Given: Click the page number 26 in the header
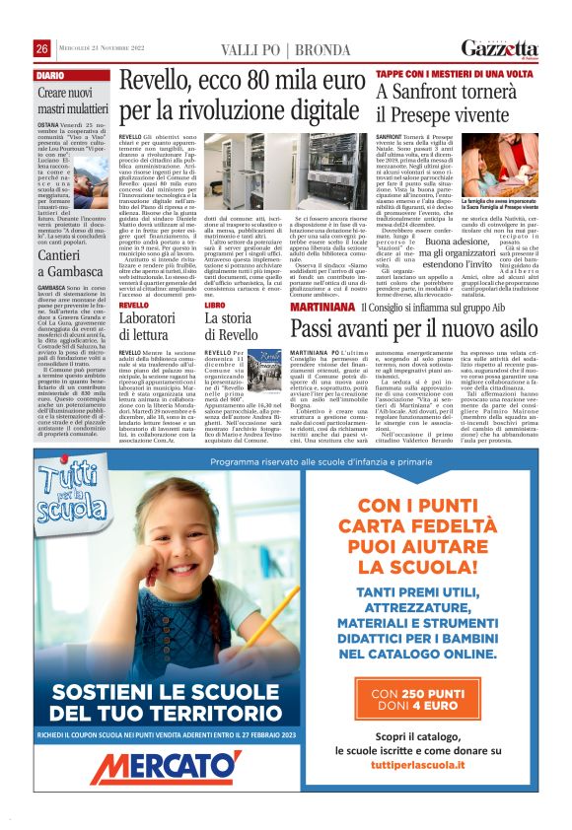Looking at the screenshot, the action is coord(41,48).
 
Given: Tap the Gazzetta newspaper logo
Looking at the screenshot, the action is coord(500,48).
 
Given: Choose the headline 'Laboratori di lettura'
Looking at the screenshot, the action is coord(148,327).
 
